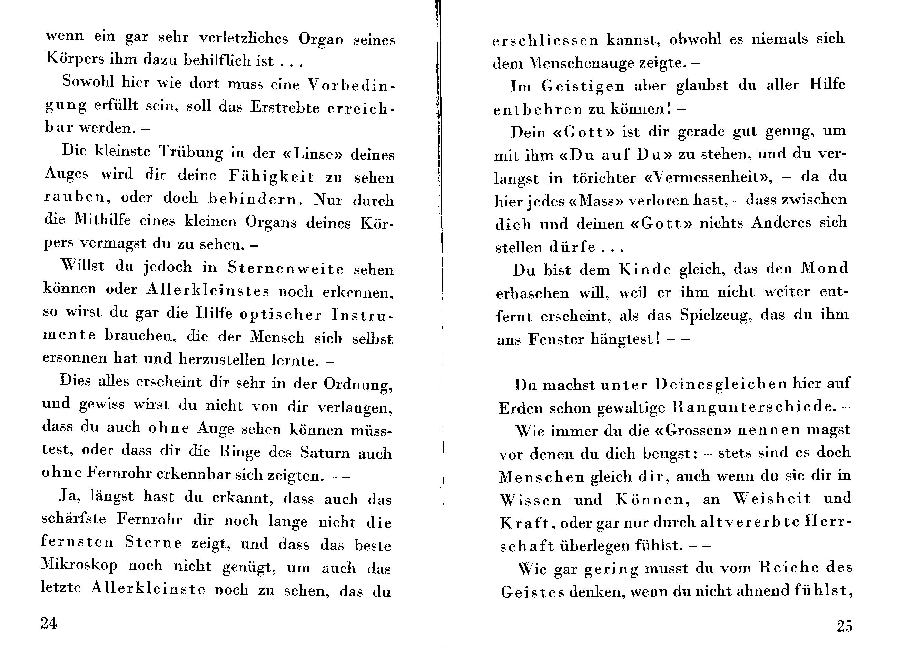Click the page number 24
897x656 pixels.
coord(48,623)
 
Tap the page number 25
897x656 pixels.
coord(845,626)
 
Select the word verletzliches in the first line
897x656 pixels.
coord(243,38)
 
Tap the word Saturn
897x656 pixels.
coord(325,453)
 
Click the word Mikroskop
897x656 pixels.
coord(79,565)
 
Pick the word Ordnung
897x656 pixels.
coord(358,384)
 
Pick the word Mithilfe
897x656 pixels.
coord(102,219)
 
